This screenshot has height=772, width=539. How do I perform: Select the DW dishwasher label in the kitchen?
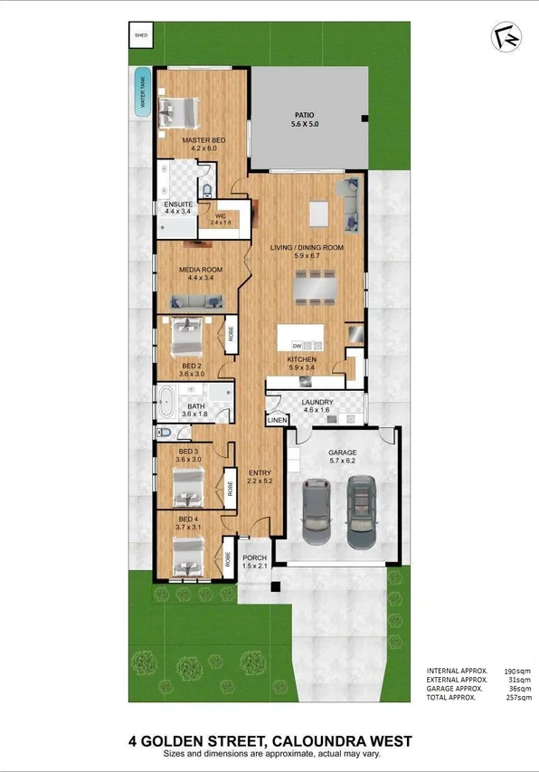pyautogui.click(x=296, y=347)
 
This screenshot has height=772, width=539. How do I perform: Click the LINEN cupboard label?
pyautogui.click(x=275, y=420)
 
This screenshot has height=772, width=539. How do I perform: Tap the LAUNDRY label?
pyautogui.click(x=318, y=402)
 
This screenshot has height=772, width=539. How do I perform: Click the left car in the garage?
pyautogui.click(x=317, y=511)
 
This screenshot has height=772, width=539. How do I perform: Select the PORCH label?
pyautogui.click(x=255, y=558)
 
